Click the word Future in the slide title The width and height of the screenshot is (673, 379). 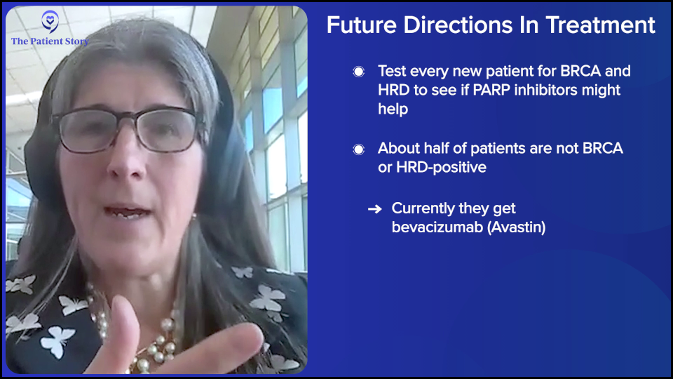tap(362, 25)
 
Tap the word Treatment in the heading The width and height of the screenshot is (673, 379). tap(601, 25)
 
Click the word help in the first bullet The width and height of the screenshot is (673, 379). tap(393, 109)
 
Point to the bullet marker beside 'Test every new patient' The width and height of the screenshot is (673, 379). tap(358, 72)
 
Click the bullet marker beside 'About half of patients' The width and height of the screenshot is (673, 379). tap(358, 149)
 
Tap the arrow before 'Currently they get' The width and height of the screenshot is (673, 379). tap(374, 209)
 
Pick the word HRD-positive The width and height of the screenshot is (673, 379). tap(441, 167)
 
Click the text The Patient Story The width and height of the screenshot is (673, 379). tap(50, 41)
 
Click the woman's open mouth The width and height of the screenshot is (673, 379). tap(127, 212)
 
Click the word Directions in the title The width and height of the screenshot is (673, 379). tap(458, 25)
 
